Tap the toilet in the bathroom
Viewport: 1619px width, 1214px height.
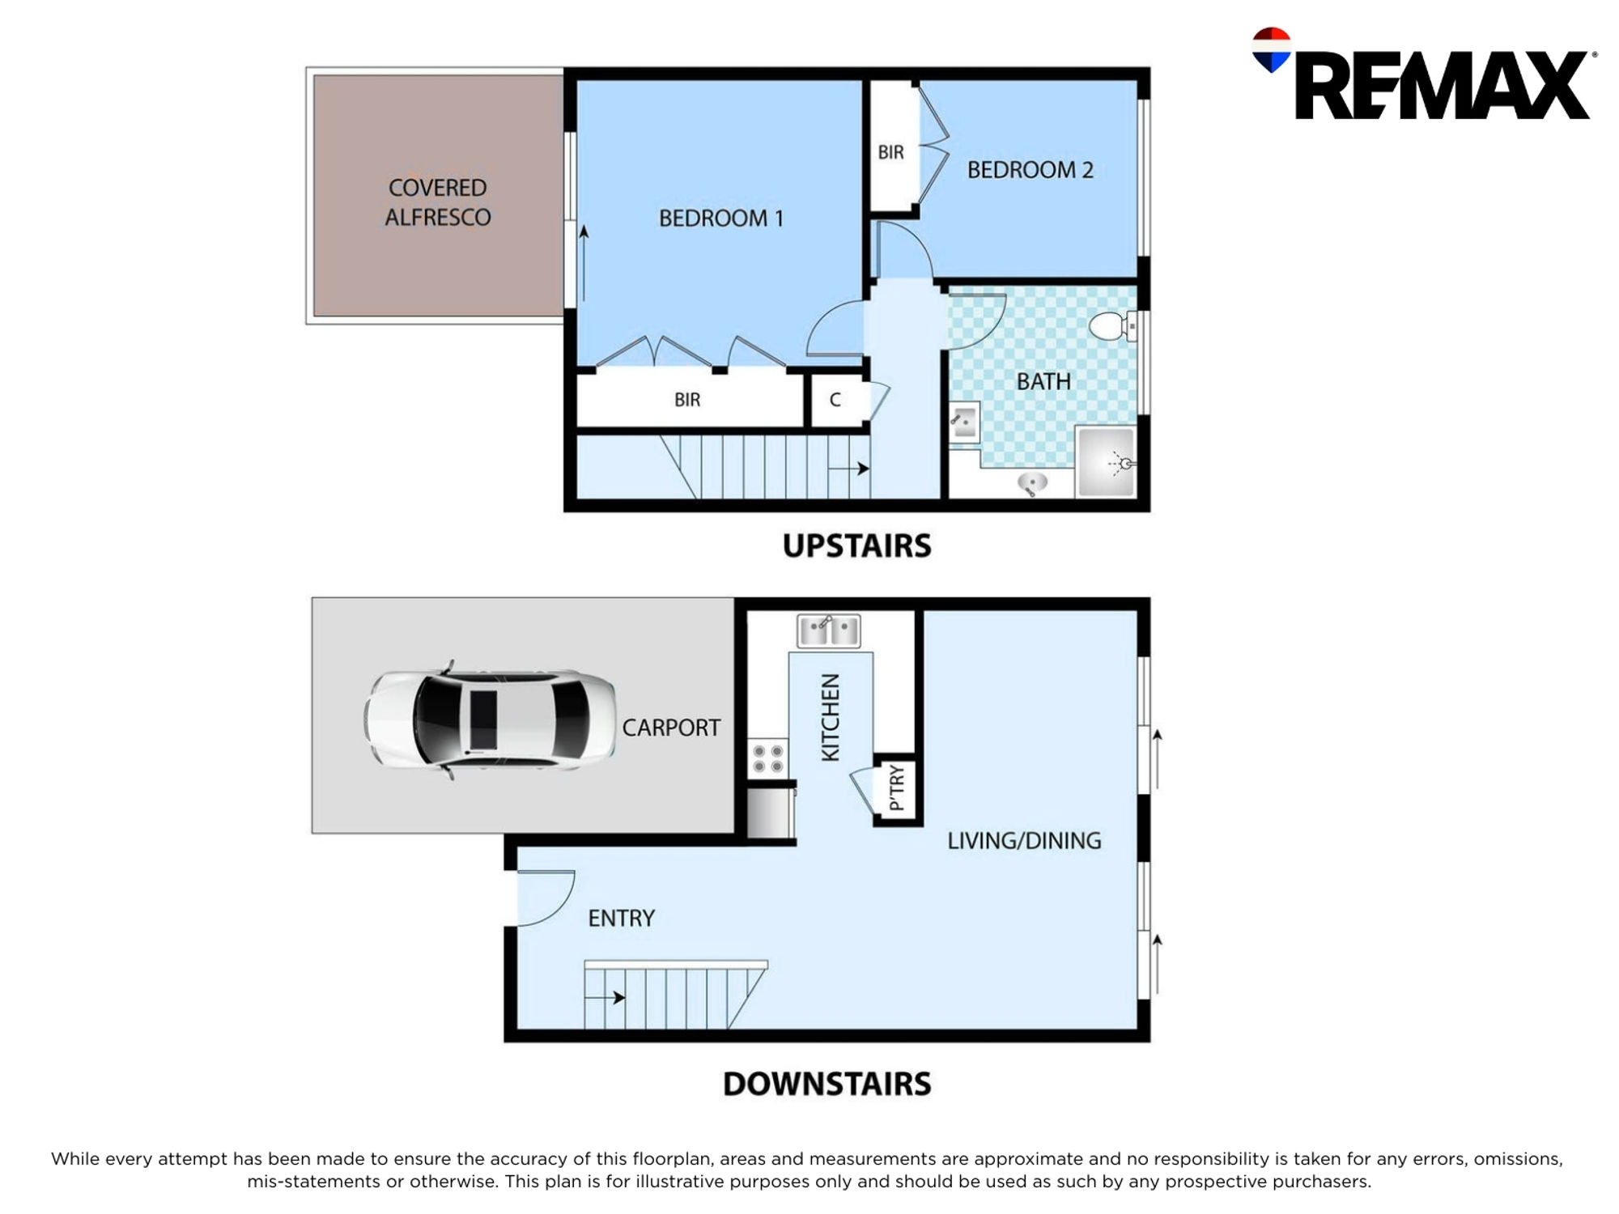tap(1112, 325)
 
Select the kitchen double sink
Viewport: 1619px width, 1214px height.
tap(828, 630)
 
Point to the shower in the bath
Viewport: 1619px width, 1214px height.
tap(1107, 462)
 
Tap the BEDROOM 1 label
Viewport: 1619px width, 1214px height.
tap(720, 219)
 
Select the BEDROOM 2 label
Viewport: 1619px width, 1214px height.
tap(1030, 170)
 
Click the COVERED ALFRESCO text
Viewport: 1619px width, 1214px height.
tap(437, 202)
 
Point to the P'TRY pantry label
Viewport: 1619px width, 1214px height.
tap(896, 787)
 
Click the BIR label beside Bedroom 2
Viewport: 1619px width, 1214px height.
tap(890, 152)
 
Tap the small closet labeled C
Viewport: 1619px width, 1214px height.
tap(835, 399)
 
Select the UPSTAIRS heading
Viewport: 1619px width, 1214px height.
tap(856, 546)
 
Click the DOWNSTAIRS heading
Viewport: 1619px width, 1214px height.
tap(826, 1084)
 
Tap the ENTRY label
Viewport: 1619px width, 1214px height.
tap(621, 919)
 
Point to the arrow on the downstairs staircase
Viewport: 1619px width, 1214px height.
tap(605, 997)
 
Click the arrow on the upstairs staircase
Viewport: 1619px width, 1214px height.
tap(849, 468)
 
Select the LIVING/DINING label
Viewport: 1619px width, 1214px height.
tap(1024, 841)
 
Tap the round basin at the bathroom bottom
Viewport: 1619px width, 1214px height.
tap(1032, 485)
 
